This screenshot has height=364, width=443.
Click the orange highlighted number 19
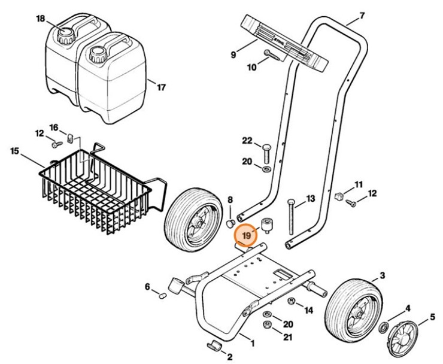point(246,236)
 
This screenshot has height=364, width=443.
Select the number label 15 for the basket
point(14,150)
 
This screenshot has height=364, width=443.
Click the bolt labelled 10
point(272,56)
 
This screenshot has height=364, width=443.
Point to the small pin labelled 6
point(162,295)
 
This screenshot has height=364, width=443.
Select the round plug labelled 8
point(230,223)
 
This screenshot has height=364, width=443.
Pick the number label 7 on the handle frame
point(361,14)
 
